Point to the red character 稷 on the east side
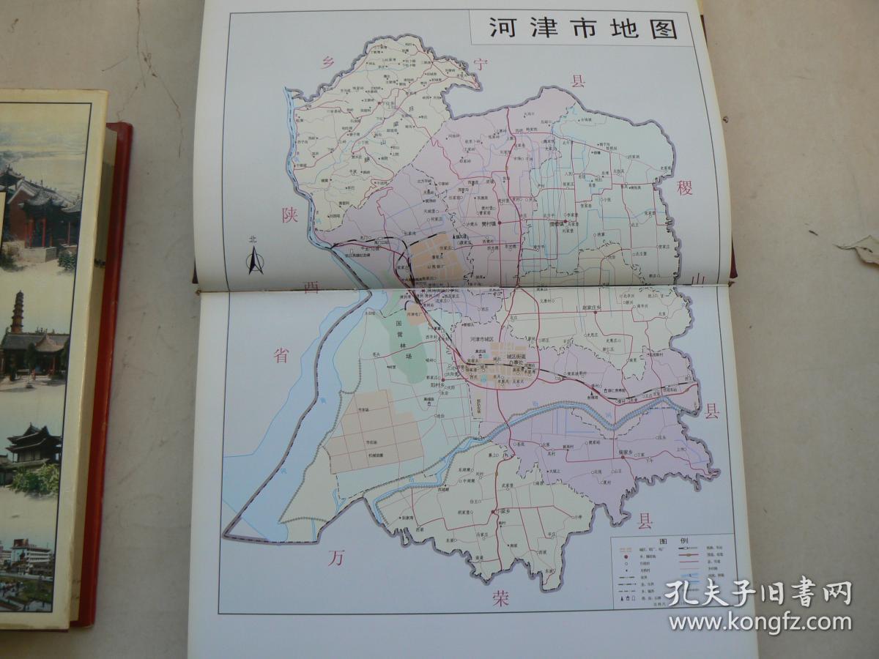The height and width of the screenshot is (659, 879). click(685, 188)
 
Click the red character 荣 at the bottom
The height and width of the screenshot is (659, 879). click(500, 599)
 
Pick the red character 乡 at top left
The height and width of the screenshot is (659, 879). click(327, 64)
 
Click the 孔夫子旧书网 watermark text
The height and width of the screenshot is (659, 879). click(758, 592)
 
